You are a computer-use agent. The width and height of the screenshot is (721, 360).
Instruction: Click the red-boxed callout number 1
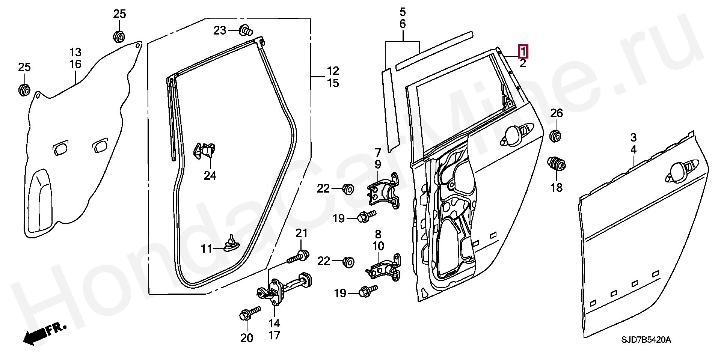point(523,51)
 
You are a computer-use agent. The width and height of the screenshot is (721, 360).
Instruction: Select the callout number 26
point(557,113)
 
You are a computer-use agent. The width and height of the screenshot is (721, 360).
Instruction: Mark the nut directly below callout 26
point(556,136)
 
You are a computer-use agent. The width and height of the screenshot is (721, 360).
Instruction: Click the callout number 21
point(302,233)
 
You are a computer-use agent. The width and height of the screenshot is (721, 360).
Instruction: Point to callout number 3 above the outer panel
point(633,137)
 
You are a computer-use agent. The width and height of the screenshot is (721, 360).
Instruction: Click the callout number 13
point(75,52)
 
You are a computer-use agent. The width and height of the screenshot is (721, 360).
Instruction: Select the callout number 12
point(333,71)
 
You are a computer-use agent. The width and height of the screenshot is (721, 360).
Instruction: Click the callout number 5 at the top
point(403,12)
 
